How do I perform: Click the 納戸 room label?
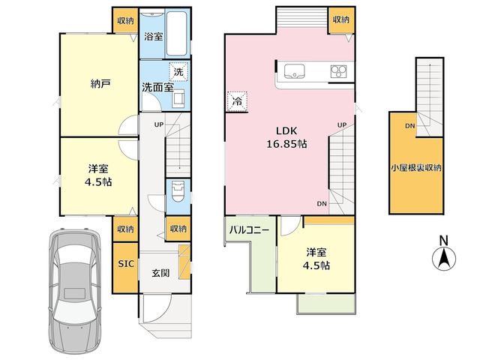pyautogui.click(x=100, y=84)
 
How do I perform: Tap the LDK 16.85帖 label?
pyautogui.click(x=286, y=137)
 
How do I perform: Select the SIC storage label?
pyautogui.click(x=126, y=263)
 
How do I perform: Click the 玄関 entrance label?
pyautogui.click(x=160, y=273)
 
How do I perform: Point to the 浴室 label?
pyautogui.click(x=153, y=37)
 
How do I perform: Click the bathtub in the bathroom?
pyautogui.click(x=177, y=33)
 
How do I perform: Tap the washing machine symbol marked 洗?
pyautogui.click(x=178, y=72)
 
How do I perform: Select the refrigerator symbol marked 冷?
pyautogui.click(x=237, y=101)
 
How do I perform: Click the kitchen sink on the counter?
pyautogui.click(x=294, y=72)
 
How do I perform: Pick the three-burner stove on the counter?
pyautogui.click(x=338, y=72)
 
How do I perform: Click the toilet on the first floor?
pyautogui.click(x=178, y=191)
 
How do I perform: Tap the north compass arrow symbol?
pyautogui.click(x=444, y=259)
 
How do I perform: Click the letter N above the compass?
pyautogui.click(x=444, y=241)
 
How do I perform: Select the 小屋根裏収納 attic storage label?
pyautogui.click(x=416, y=168)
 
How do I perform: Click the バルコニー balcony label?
pyautogui.click(x=250, y=229)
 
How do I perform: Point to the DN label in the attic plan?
pyautogui.click(x=410, y=125)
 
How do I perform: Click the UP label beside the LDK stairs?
pyautogui.click(x=342, y=125)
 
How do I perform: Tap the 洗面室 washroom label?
pyautogui.click(x=157, y=88)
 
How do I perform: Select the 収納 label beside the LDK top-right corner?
pyautogui.click(x=341, y=19)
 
